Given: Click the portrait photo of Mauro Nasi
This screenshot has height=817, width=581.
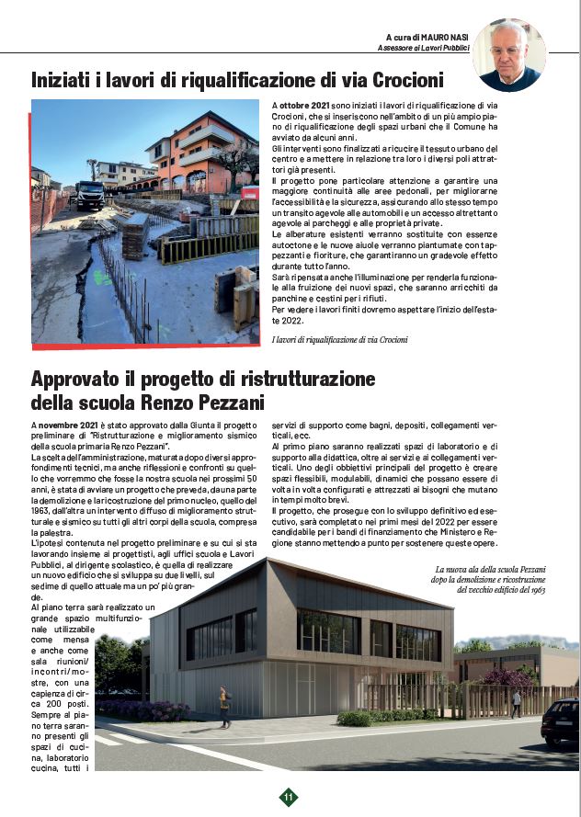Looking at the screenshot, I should coord(509,55).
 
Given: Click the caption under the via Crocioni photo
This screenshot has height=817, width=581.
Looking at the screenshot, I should coord(341,340).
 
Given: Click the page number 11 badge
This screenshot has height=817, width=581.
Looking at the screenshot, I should coord(289,797).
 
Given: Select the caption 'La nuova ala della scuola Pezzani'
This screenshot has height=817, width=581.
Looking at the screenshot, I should coord(504,570).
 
